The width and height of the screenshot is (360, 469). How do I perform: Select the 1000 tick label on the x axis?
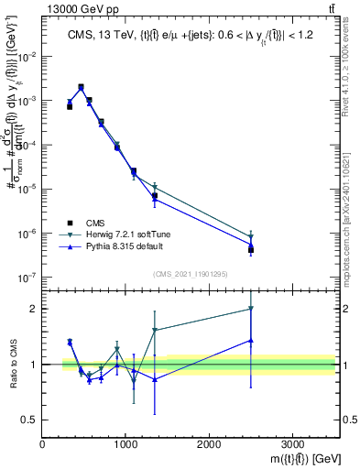coord(125,444)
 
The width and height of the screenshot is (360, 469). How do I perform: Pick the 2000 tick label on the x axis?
coord(209,444)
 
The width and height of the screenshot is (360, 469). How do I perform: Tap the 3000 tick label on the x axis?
coord(292,444)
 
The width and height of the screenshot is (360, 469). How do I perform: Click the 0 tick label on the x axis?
coord(42,444)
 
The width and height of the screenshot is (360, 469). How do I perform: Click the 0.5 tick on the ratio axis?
coord(30,420)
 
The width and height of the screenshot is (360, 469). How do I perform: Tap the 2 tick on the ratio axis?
coord(35,309)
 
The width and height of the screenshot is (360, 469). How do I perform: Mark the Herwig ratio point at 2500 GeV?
coord(251,309)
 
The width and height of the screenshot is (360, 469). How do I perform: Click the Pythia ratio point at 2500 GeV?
coord(251,340)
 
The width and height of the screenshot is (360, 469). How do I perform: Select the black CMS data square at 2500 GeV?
coord(251,249)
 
